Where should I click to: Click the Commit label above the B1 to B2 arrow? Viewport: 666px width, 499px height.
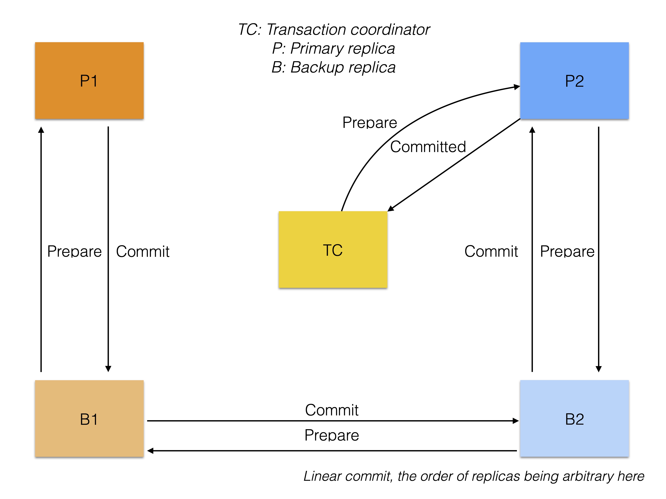pyautogui.click(x=331, y=410)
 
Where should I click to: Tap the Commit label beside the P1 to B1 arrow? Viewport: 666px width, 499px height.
pyautogui.click(x=143, y=252)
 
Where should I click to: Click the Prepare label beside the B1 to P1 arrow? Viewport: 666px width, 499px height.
pyautogui.click(x=74, y=252)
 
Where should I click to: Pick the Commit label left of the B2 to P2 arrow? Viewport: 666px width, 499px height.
pyautogui.click(x=491, y=252)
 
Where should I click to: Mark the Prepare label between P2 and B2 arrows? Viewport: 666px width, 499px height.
pyautogui.click(x=567, y=252)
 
